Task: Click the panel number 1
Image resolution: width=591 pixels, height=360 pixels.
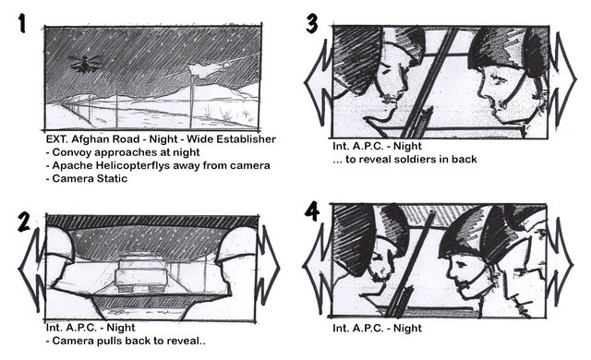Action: (x=22, y=24)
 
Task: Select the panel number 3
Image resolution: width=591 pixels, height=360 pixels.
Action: (x=312, y=24)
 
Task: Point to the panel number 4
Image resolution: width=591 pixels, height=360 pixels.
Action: (x=312, y=211)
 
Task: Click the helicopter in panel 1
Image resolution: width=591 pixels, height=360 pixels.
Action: (x=86, y=64)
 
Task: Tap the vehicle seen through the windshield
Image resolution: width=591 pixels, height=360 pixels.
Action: (x=142, y=274)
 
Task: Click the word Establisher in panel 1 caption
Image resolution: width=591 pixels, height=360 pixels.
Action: (x=231, y=139)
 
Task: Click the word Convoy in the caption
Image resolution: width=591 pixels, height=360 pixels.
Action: (x=70, y=152)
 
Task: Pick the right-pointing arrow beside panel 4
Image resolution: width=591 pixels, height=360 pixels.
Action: (x=560, y=265)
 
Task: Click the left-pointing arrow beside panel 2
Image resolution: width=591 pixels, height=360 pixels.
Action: (x=32, y=269)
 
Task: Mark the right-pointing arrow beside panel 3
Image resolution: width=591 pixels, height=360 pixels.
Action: (x=562, y=79)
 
